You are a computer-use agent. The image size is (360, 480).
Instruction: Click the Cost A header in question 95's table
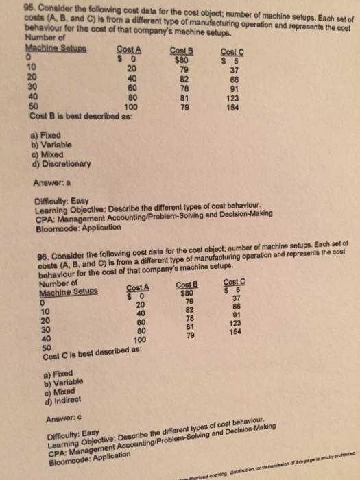pyautogui.click(x=128, y=47)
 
